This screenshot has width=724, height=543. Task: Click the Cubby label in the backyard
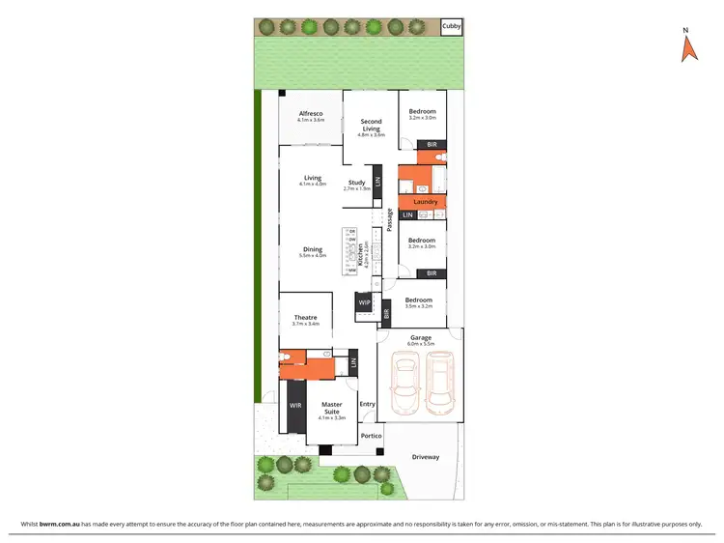tap(451, 27)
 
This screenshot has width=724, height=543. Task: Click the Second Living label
tap(371, 124)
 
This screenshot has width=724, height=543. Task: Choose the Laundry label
tap(426, 202)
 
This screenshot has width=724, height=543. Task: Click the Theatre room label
tap(305, 317)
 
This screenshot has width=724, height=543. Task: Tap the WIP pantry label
tap(364, 303)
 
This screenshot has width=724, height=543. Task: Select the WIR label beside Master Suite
tap(295, 405)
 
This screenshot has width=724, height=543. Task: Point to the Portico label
tap(372, 436)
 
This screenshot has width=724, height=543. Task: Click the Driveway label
tap(425, 456)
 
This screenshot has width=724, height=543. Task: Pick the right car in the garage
tap(439, 382)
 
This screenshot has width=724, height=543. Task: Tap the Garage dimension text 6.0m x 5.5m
tap(421, 344)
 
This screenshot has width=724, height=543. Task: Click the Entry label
tap(367, 404)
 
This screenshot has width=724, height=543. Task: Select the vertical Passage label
tap(389, 219)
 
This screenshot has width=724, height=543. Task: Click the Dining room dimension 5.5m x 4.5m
tap(313, 256)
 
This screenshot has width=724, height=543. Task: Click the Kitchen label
tap(361, 255)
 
